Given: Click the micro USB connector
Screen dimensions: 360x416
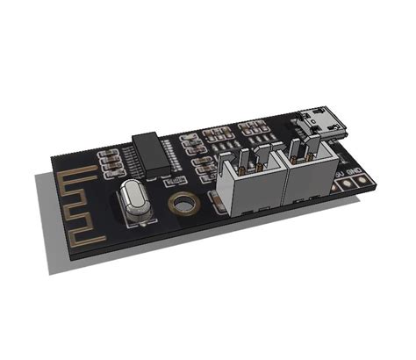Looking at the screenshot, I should [x=319, y=123].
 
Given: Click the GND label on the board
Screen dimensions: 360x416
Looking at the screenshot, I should [x=354, y=170].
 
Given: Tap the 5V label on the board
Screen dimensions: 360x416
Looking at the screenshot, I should [x=340, y=175].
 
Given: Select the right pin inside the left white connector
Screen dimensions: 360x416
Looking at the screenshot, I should [x=262, y=155].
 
